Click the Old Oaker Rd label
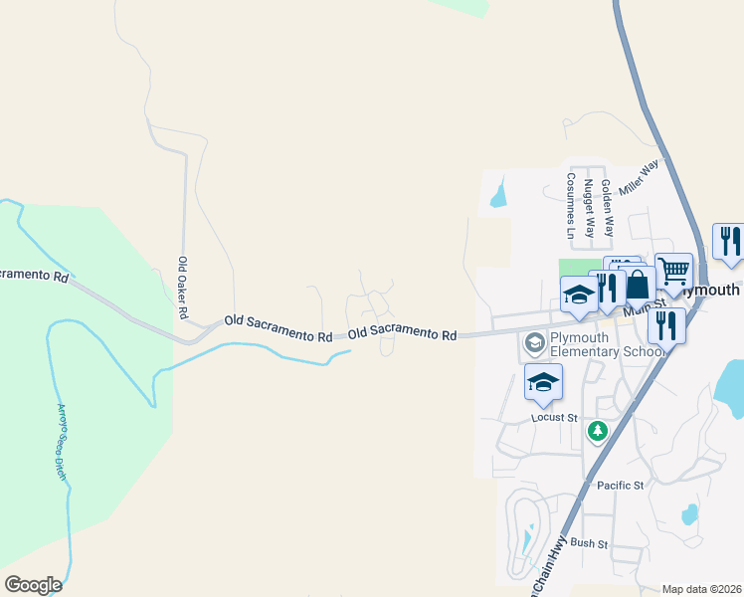click(183, 288)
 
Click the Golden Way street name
click(608, 208)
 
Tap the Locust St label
click(554, 418)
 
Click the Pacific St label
click(621, 486)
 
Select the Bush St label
click(589, 543)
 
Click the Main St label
click(643, 310)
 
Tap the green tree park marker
click(597, 431)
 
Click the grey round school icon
click(534, 343)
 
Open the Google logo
click(34, 585)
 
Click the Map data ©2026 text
click(701, 589)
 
